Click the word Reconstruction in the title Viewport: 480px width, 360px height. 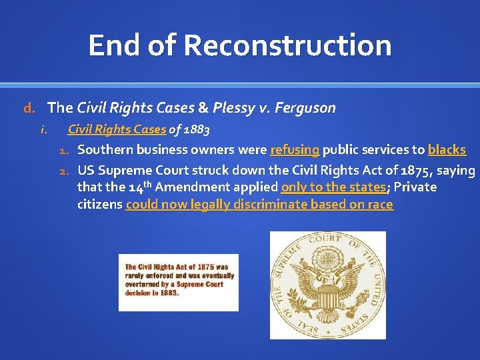click(287, 45)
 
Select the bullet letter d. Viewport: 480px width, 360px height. click(28, 107)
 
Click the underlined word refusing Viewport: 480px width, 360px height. click(295, 150)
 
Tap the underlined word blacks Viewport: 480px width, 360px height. click(447, 150)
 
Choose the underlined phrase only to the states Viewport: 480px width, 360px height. click(333, 187)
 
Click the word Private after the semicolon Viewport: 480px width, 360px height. click(415, 187)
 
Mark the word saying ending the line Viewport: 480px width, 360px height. click(456, 171)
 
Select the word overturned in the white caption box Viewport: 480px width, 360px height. click(142, 284)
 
